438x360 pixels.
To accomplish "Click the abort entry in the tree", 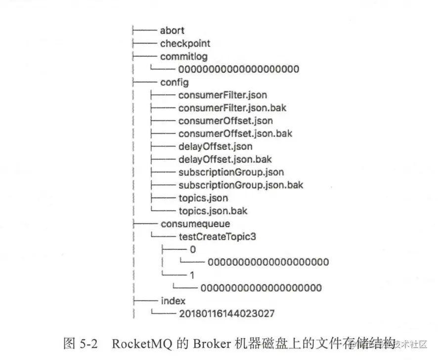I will [x=172, y=31].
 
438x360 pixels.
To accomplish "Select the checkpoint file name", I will [x=185, y=43].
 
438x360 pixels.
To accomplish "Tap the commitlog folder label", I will [x=184, y=56].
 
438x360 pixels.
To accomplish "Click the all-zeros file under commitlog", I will [x=239, y=69].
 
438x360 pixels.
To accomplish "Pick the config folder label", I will [x=174, y=82].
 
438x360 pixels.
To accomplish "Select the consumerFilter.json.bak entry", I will [x=232, y=108].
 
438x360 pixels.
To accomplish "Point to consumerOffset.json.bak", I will [x=235, y=133].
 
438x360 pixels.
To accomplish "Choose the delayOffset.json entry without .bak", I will [x=215, y=146].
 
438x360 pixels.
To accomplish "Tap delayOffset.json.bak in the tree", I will [x=225, y=159].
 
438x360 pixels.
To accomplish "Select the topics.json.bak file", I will [x=213, y=211].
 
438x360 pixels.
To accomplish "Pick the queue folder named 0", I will [x=193, y=249].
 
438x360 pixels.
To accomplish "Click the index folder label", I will [x=173, y=301].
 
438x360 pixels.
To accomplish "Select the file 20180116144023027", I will [x=227, y=314].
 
